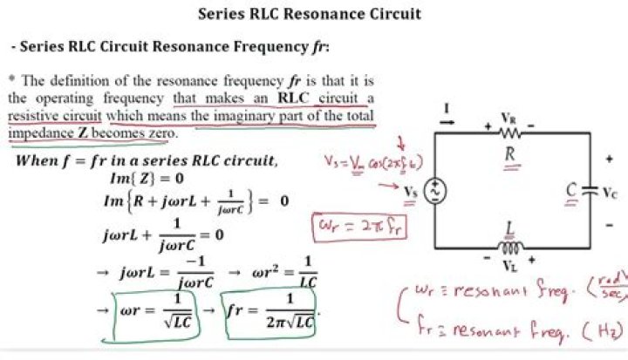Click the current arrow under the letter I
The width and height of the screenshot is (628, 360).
447,123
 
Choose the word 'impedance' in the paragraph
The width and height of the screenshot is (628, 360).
39,134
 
